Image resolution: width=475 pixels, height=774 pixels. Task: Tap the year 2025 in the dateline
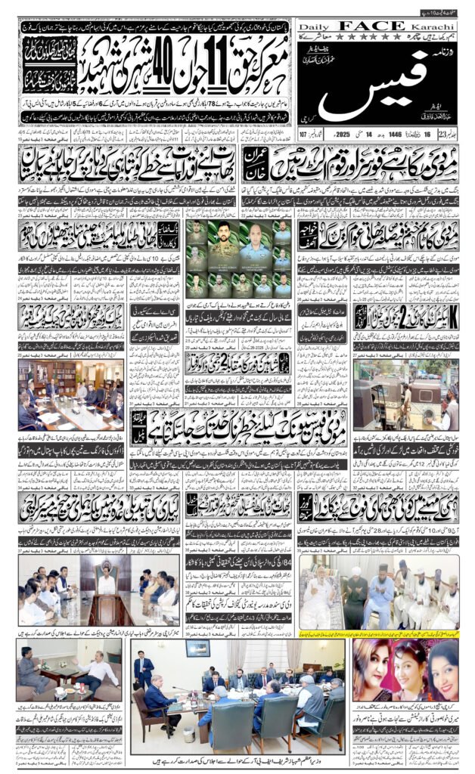(x=342, y=136)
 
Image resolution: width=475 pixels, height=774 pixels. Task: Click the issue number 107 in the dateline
(x=306, y=136)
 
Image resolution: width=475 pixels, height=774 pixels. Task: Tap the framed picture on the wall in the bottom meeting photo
(x=199, y=649)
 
